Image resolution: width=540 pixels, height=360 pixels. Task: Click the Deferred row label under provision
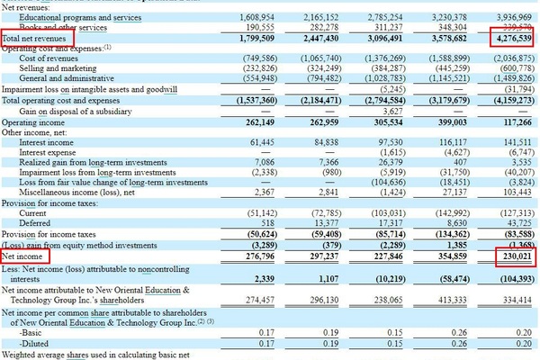pos(34,222)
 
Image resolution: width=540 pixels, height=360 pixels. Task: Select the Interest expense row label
pos(51,153)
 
